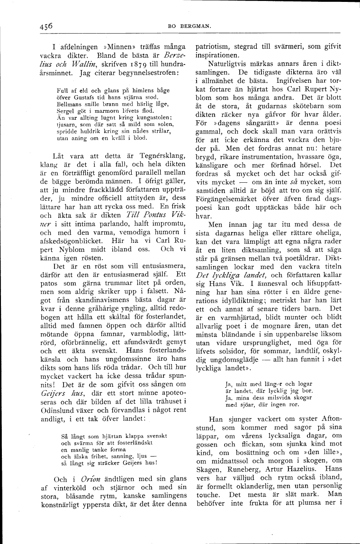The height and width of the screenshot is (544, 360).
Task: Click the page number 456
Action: coord(46,26)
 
